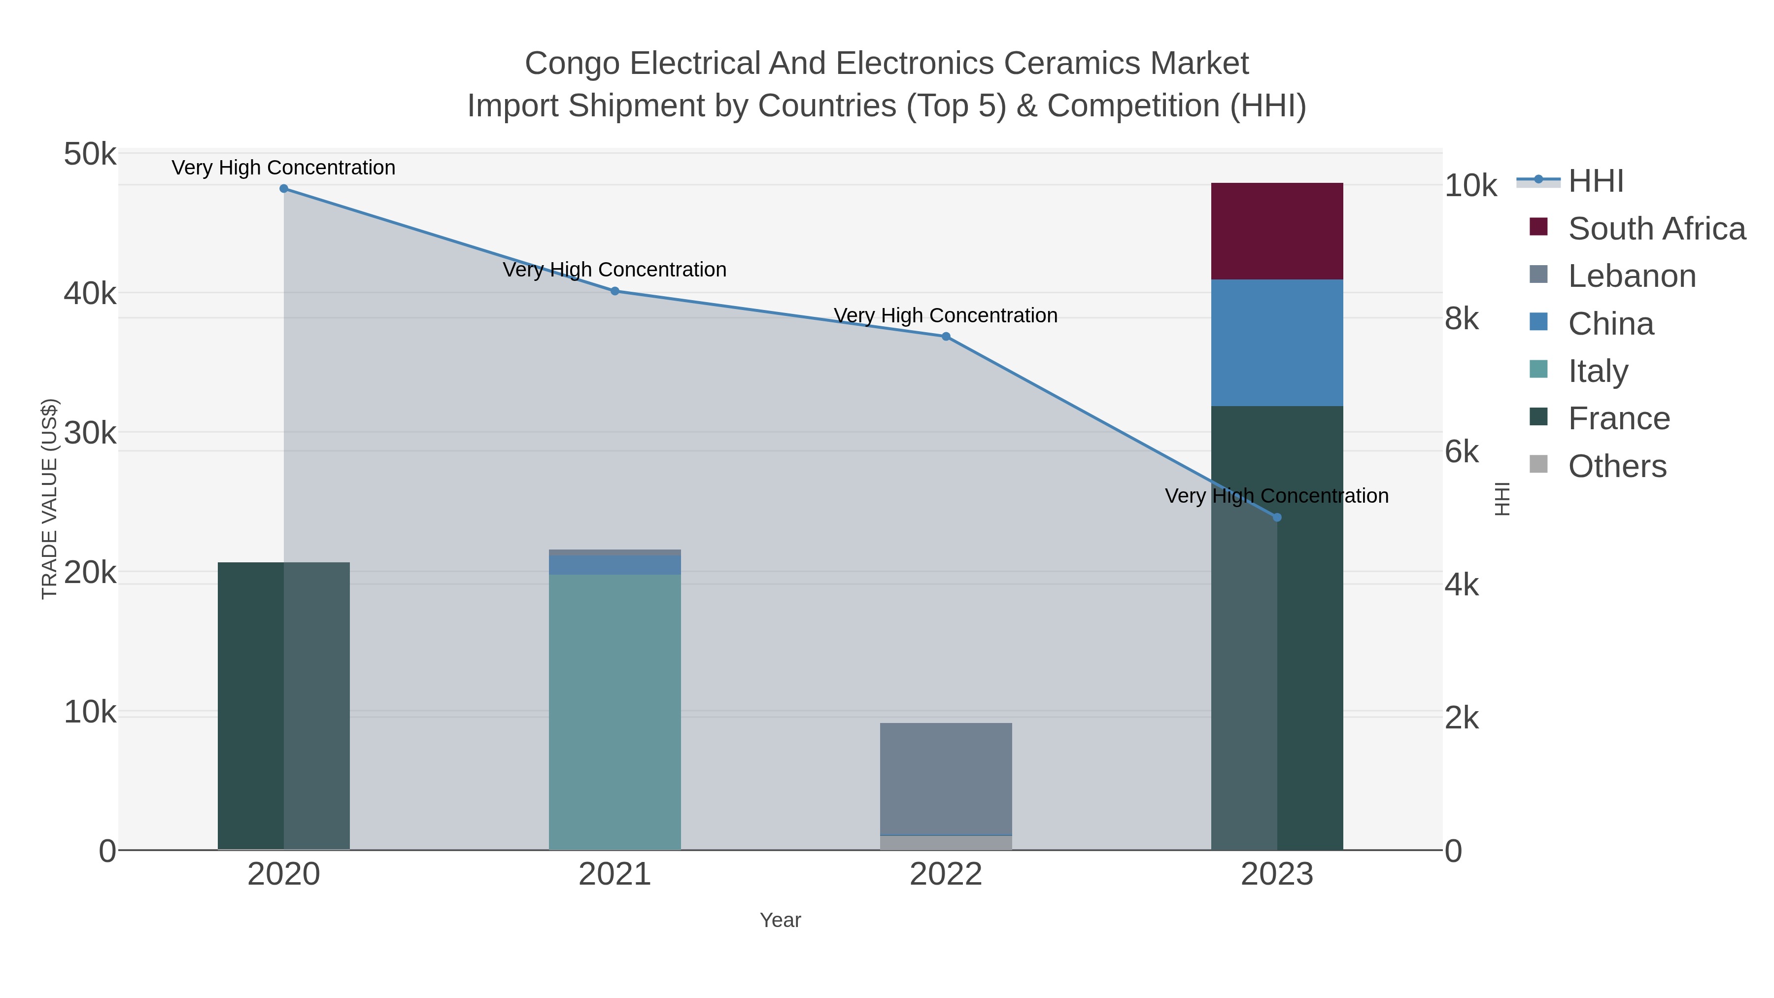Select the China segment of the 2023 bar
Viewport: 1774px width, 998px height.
coord(1276,343)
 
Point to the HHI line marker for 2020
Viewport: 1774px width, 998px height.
coord(284,189)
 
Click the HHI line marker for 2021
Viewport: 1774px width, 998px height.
coord(615,291)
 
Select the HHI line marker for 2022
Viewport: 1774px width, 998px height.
coord(946,337)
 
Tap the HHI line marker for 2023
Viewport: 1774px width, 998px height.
coord(1277,517)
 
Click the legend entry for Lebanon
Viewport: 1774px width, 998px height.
coord(1632,276)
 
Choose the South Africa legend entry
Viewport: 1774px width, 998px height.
coord(1656,229)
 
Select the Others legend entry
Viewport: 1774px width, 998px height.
coord(1617,466)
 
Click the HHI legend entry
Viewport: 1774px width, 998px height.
coord(1596,181)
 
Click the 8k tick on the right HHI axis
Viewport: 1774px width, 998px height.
coord(1462,319)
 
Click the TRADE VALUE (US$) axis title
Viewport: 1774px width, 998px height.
coord(50,499)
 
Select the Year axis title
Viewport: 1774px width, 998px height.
coord(780,920)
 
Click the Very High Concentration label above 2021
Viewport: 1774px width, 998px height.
coord(614,269)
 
